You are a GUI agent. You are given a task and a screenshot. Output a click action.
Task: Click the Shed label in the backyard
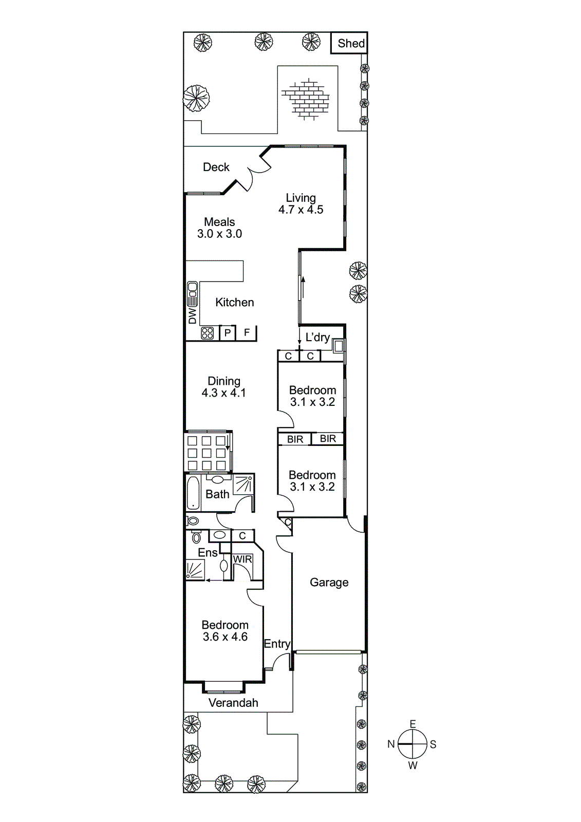(x=351, y=44)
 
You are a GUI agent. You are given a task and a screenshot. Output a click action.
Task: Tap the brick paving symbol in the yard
(x=306, y=99)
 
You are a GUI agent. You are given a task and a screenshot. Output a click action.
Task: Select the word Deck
(x=216, y=167)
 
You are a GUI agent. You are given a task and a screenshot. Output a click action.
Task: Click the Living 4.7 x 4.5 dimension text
(x=301, y=203)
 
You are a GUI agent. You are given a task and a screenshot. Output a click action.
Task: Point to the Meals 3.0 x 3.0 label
(x=219, y=228)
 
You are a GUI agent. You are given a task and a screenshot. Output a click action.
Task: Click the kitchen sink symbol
(x=192, y=294)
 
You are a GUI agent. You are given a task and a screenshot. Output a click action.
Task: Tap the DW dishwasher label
(x=192, y=316)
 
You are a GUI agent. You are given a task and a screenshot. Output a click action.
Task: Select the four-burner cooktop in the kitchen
(x=207, y=333)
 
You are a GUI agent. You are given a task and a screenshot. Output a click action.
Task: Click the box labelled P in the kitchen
(x=227, y=333)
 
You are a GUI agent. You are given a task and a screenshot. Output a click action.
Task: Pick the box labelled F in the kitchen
(x=247, y=332)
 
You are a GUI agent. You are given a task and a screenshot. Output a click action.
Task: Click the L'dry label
(x=317, y=338)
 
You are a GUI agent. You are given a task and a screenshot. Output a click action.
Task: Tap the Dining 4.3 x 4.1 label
(x=223, y=387)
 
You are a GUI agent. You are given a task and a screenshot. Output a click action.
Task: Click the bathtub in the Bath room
(x=193, y=493)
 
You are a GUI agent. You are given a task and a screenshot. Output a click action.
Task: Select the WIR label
(x=242, y=559)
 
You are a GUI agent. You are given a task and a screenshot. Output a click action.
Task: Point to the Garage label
(x=329, y=582)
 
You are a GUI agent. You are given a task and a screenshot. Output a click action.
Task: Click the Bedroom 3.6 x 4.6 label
(x=225, y=630)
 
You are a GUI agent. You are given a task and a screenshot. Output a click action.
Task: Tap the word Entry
(x=277, y=644)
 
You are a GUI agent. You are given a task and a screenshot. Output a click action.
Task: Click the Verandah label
(x=233, y=703)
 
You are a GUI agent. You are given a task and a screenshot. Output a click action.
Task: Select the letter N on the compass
(x=391, y=744)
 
